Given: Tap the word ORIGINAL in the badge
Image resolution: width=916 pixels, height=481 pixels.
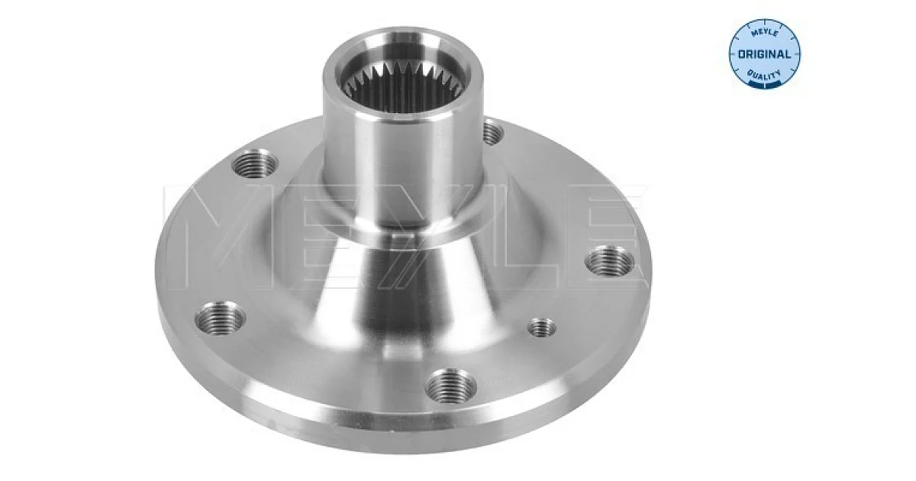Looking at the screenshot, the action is (764, 54).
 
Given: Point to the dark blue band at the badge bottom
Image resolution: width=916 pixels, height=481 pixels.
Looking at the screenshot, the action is (765, 84).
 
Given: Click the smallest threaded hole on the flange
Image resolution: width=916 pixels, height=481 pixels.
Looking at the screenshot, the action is (542, 327).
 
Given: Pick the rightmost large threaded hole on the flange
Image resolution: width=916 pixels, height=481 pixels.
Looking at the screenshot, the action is (609, 262).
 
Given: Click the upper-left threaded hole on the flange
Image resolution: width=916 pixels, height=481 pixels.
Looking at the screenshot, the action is (255, 163).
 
